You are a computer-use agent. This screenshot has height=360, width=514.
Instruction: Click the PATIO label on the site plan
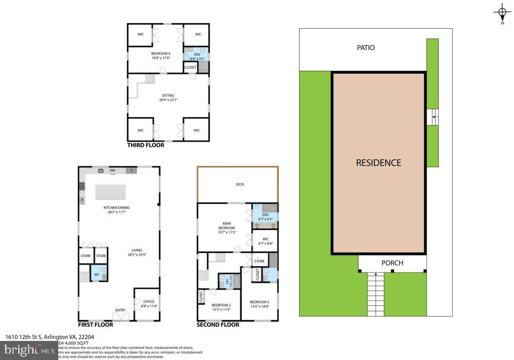pyautogui.click(x=365, y=48)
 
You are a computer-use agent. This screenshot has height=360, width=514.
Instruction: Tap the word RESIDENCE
pyautogui.click(x=378, y=163)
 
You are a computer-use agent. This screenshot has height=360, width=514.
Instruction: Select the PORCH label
pyautogui.click(x=392, y=263)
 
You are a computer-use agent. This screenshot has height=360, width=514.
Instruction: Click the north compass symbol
pyautogui.click(x=502, y=13)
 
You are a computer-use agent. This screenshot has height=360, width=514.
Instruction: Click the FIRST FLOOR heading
pyautogui.click(x=95, y=325)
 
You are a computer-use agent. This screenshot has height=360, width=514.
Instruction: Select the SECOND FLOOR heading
pyautogui.click(x=218, y=325)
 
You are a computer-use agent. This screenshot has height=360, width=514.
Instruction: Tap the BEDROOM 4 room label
pyautogui.click(x=161, y=55)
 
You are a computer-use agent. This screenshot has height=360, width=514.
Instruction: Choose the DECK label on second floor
pyautogui.click(x=239, y=184)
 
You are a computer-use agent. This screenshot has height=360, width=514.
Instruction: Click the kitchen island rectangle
pyautogui.click(x=110, y=192)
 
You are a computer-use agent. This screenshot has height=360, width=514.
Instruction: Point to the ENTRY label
pyautogui.click(x=120, y=310)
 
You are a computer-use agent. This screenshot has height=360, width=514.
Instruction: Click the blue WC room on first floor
pyautogui.click(x=98, y=273)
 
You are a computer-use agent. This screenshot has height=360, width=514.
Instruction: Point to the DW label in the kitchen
pyautogui.click(x=113, y=171)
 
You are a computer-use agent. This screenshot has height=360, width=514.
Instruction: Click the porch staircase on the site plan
pyautogui.click(x=376, y=294)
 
